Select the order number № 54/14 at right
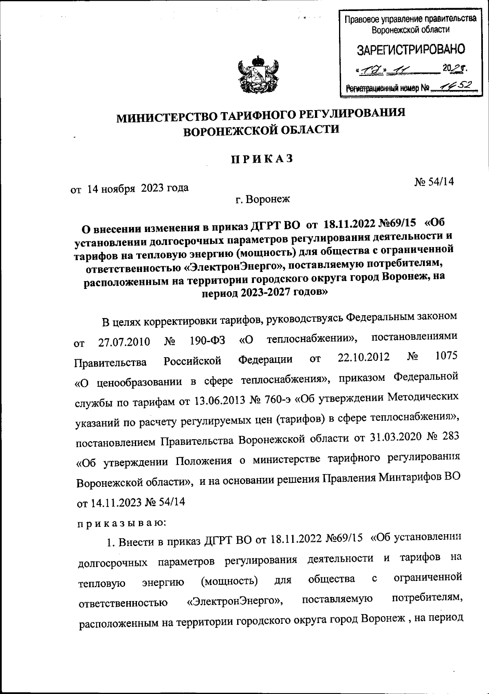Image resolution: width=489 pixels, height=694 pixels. tap(434, 182)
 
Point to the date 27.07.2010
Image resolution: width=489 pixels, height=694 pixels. tap(124, 342)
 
